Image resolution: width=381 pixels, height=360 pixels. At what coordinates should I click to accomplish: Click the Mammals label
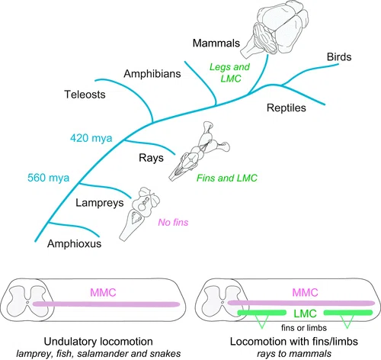pyautogui.click(x=216, y=43)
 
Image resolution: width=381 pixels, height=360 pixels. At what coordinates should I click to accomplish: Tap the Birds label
pyautogui.click(x=339, y=57)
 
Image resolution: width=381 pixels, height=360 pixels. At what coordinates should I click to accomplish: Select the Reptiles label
pyautogui.click(x=287, y=108)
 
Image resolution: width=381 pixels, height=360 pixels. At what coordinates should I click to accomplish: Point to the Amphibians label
pyautogui.click(x=152, y=74)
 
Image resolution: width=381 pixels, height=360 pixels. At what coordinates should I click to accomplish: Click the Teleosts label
pyautogui.click(x=85, y=95)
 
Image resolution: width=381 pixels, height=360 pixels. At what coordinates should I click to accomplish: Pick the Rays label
pyautogui.click(x=151, y=158)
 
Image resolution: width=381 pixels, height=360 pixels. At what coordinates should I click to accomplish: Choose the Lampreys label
pyautogui.click(x=100, y=203)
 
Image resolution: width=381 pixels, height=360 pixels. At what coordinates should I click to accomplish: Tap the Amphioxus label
pyautogui.click(x=74, y=243)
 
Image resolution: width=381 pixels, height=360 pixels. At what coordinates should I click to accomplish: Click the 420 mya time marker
pyautogui.click(x=91, y=138)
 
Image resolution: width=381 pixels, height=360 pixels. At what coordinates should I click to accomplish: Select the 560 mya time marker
pyautogui.click(x=48, y=178)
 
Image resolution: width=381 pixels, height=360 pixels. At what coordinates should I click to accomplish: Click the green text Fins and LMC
pyautogui.click(x=227, y=178)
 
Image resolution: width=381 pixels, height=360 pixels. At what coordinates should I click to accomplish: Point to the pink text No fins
pyautogui.click(x=173, y=223)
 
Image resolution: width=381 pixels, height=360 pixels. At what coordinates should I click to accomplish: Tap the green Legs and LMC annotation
pyautogui.click(x=229, y=72)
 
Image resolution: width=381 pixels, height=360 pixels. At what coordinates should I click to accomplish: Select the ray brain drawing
pyautogui.click(x=200, y=151)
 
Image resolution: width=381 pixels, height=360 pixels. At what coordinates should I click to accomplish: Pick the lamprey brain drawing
pyautogui.click(x=139, y=214)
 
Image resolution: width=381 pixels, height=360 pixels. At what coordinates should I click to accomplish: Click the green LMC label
pyautogui.click(x=305, y=313)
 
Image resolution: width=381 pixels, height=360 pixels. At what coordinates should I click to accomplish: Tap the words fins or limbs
pyautogui.click(x=304, y=328)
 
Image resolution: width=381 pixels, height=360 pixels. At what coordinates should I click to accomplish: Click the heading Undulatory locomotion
pyautogui.click(x=98, y=342)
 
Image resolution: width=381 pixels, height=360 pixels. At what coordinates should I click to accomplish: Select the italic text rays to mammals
pyautogui.click(x=294, y=354)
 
